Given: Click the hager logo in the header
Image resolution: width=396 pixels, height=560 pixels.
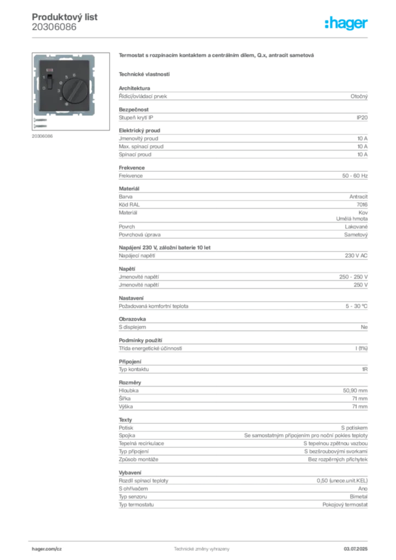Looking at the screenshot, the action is (x=346, y=23).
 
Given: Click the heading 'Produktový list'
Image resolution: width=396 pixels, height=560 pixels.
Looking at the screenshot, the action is (x=65, y=17).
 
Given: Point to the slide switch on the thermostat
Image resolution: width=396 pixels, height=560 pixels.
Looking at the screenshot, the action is (x=50, y=81).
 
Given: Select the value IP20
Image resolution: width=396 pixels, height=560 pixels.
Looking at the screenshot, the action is (x=362, y=118).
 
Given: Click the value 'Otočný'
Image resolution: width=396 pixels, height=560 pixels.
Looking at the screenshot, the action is (x=359, y=96).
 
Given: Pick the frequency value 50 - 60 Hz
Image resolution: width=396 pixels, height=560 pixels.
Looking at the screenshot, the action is (x=354, y=176).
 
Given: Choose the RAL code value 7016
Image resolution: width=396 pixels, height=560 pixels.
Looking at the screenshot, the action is (x=362, y=205).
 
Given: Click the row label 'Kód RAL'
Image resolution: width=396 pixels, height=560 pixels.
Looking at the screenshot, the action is (x=129, y=205).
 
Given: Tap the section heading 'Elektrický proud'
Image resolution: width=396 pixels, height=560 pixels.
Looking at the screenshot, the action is (x=139, y=130).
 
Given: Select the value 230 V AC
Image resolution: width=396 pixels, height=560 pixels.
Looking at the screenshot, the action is (x=356, y=255).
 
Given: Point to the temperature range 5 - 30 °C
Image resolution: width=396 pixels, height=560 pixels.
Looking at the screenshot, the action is (x=357, y=306).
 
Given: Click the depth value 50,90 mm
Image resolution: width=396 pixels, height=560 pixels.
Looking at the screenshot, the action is (x=356, y=390).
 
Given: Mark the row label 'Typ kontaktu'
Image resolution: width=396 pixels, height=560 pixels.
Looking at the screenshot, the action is (x=134, y=369).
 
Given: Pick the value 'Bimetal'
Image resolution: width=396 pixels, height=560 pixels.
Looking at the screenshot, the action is (x=358, y=497).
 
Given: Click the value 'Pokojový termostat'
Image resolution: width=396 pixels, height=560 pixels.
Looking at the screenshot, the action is (x=345, y=505).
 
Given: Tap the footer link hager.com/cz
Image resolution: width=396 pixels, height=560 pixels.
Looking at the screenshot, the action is (x=47, y=549).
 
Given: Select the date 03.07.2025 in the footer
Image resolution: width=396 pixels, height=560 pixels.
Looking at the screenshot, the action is (x=356, y=549).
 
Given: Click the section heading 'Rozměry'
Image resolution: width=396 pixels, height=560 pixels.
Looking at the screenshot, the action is (x=130, y=382).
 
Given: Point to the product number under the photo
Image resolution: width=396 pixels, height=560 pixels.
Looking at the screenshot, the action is (x=42, y=136).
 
